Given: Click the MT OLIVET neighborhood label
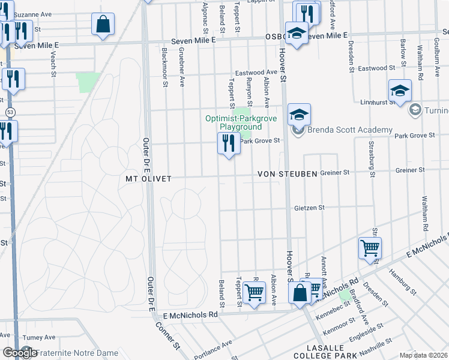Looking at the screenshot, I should [148, 179].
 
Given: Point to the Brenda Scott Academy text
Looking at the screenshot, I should [349, 130].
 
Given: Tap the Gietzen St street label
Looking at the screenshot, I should [309, 208].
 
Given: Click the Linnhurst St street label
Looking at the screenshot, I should [378, 103].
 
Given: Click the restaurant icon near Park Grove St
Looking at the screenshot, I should [228, 144].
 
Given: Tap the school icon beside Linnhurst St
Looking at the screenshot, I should [400, 91].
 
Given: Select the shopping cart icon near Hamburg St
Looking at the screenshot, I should [370, 248].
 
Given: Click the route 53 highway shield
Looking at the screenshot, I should [9, 112].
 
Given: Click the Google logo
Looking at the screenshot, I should [20, 353].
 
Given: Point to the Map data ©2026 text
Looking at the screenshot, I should [423, 355].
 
